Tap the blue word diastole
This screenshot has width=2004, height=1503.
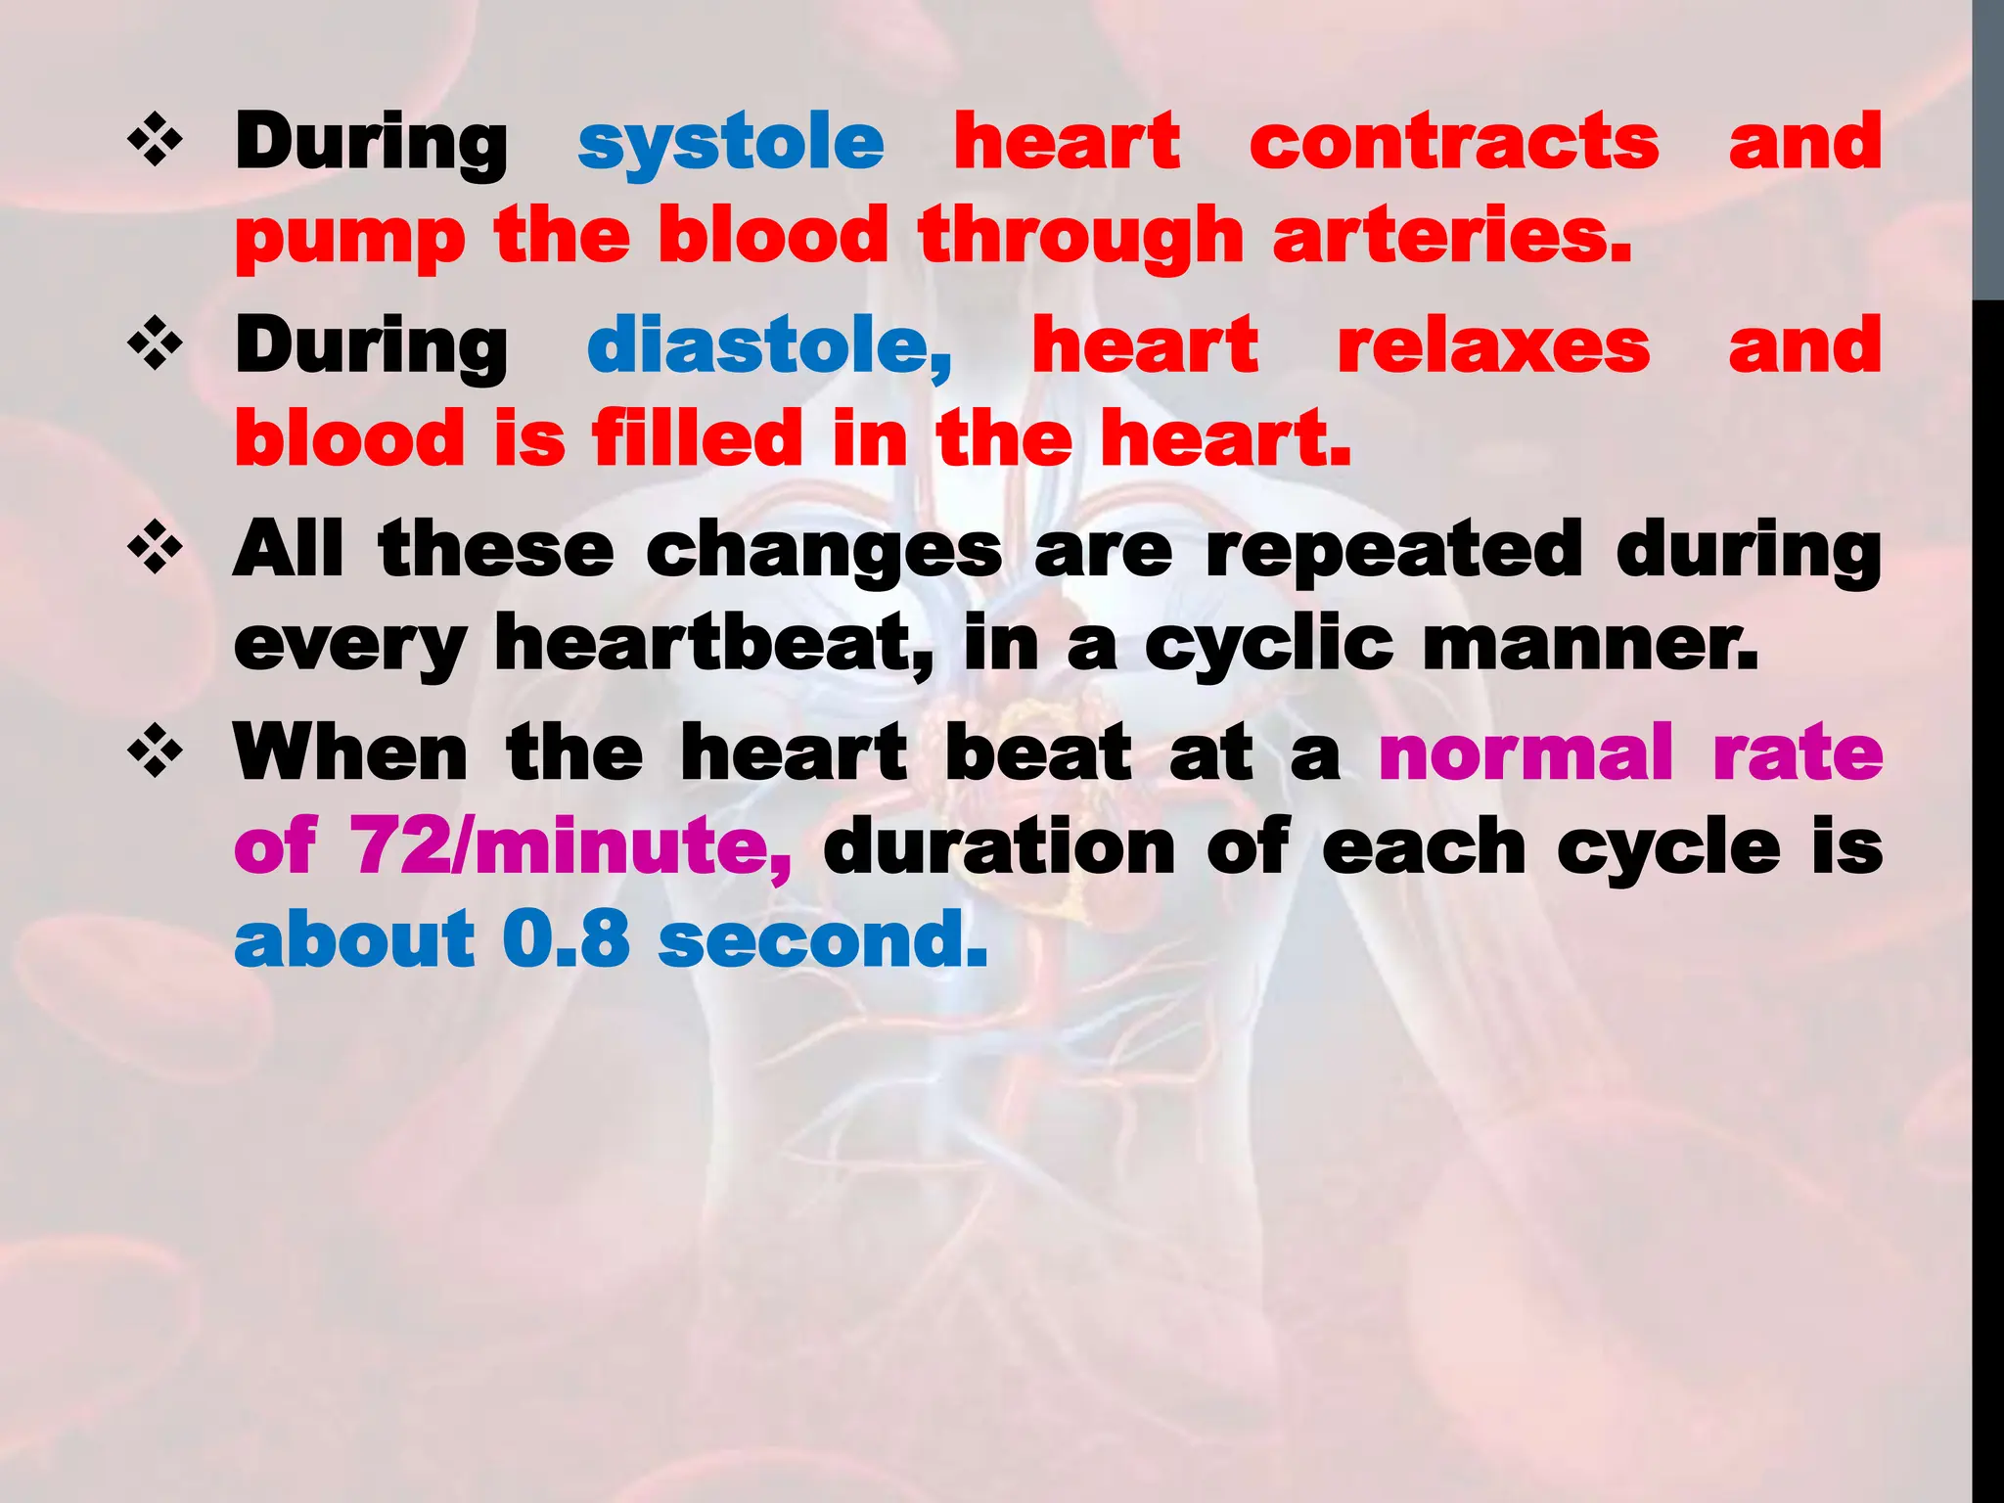[x=769, y=346]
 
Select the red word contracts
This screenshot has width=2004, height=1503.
[x=1454, y=142]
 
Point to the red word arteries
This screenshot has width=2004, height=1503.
[x=1452, y=237]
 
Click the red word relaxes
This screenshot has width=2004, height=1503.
[x=1493, y=346]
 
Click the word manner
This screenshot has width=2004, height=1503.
[x=1590, y=644]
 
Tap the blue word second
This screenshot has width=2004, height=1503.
[x=823, y=938]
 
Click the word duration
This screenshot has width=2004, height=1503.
[x=999, y=845]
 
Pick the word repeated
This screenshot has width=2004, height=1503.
[x=1393, y=550]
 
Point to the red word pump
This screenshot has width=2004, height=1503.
[x=350, y=239]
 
